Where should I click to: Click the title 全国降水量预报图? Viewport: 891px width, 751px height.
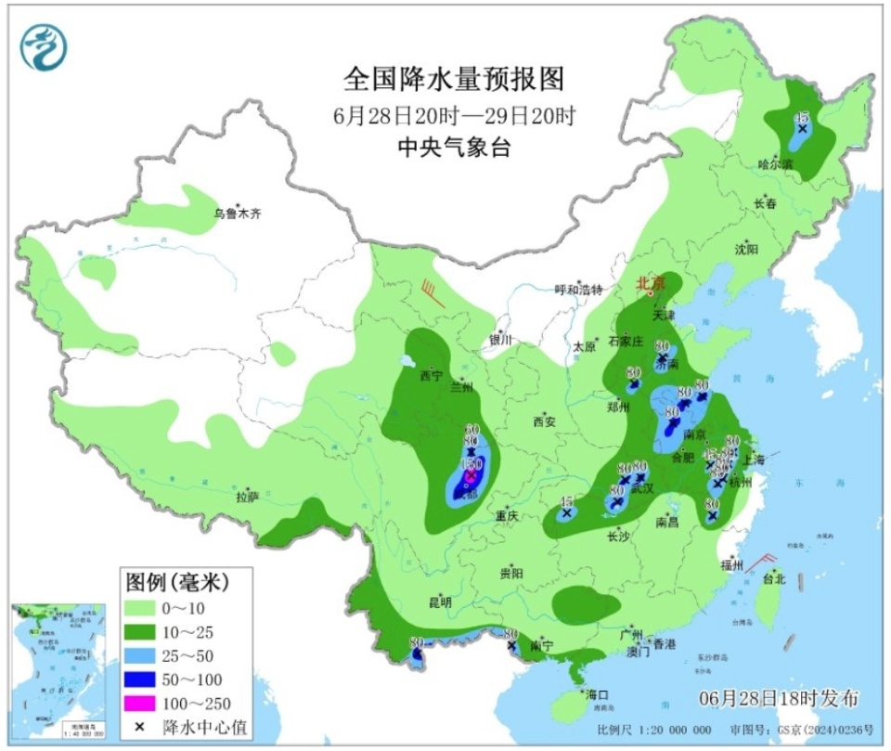tap(454, 79)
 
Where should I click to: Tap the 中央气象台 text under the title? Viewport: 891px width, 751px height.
tap(454, 147)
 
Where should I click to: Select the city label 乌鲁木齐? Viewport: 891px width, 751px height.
tap(238, 214)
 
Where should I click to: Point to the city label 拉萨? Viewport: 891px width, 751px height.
tap(246, 497)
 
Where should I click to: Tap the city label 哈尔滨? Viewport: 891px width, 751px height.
tap(775, 163)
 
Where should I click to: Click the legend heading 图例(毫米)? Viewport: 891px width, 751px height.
tap(176, 583)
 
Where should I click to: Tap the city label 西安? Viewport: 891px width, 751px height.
tap(543, 421)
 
